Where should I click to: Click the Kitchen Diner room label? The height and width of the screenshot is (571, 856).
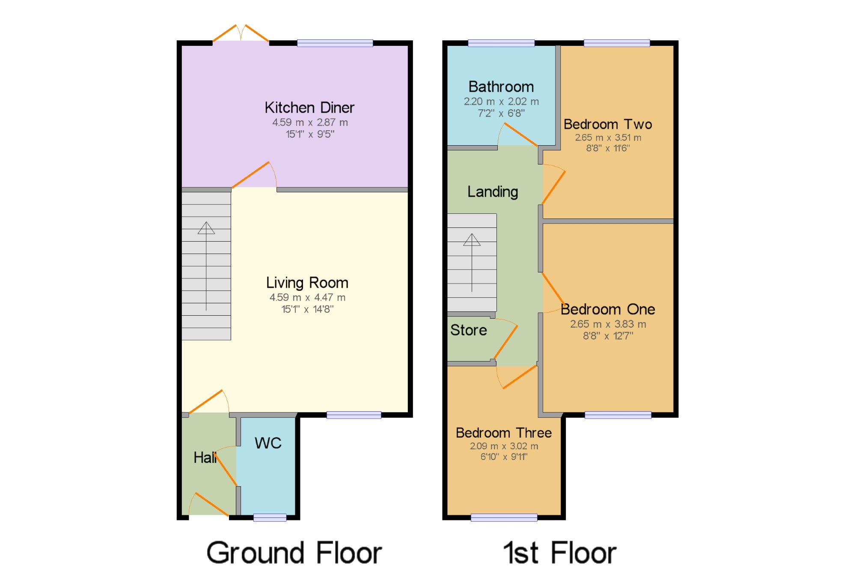point(309,108)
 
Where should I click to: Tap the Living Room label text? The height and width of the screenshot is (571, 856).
point(307,283)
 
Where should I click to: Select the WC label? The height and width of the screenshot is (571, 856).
point(268,443)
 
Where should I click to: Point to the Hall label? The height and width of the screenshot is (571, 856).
point(205,457)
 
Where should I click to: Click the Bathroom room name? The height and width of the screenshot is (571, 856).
point(501,87)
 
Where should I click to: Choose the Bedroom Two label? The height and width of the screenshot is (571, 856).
point(608,124)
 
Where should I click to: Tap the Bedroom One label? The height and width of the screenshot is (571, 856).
point(608,309)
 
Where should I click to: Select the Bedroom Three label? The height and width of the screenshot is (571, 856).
point(504,433)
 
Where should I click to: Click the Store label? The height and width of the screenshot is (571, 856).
point(469,330)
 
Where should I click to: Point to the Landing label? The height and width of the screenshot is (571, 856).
point(493,192)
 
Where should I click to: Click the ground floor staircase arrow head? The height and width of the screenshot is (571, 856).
point(206,228)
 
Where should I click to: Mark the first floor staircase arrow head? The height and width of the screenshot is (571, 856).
point(472,239)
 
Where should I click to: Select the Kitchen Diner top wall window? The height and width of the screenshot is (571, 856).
point(335,43)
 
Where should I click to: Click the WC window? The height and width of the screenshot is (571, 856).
point(270,517)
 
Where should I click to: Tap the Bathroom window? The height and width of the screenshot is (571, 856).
point(501,43)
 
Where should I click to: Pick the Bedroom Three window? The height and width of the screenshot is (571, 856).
point(504,517)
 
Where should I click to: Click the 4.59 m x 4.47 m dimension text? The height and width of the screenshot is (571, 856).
point(307,297)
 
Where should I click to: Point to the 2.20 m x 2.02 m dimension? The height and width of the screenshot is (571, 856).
point(501,102)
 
